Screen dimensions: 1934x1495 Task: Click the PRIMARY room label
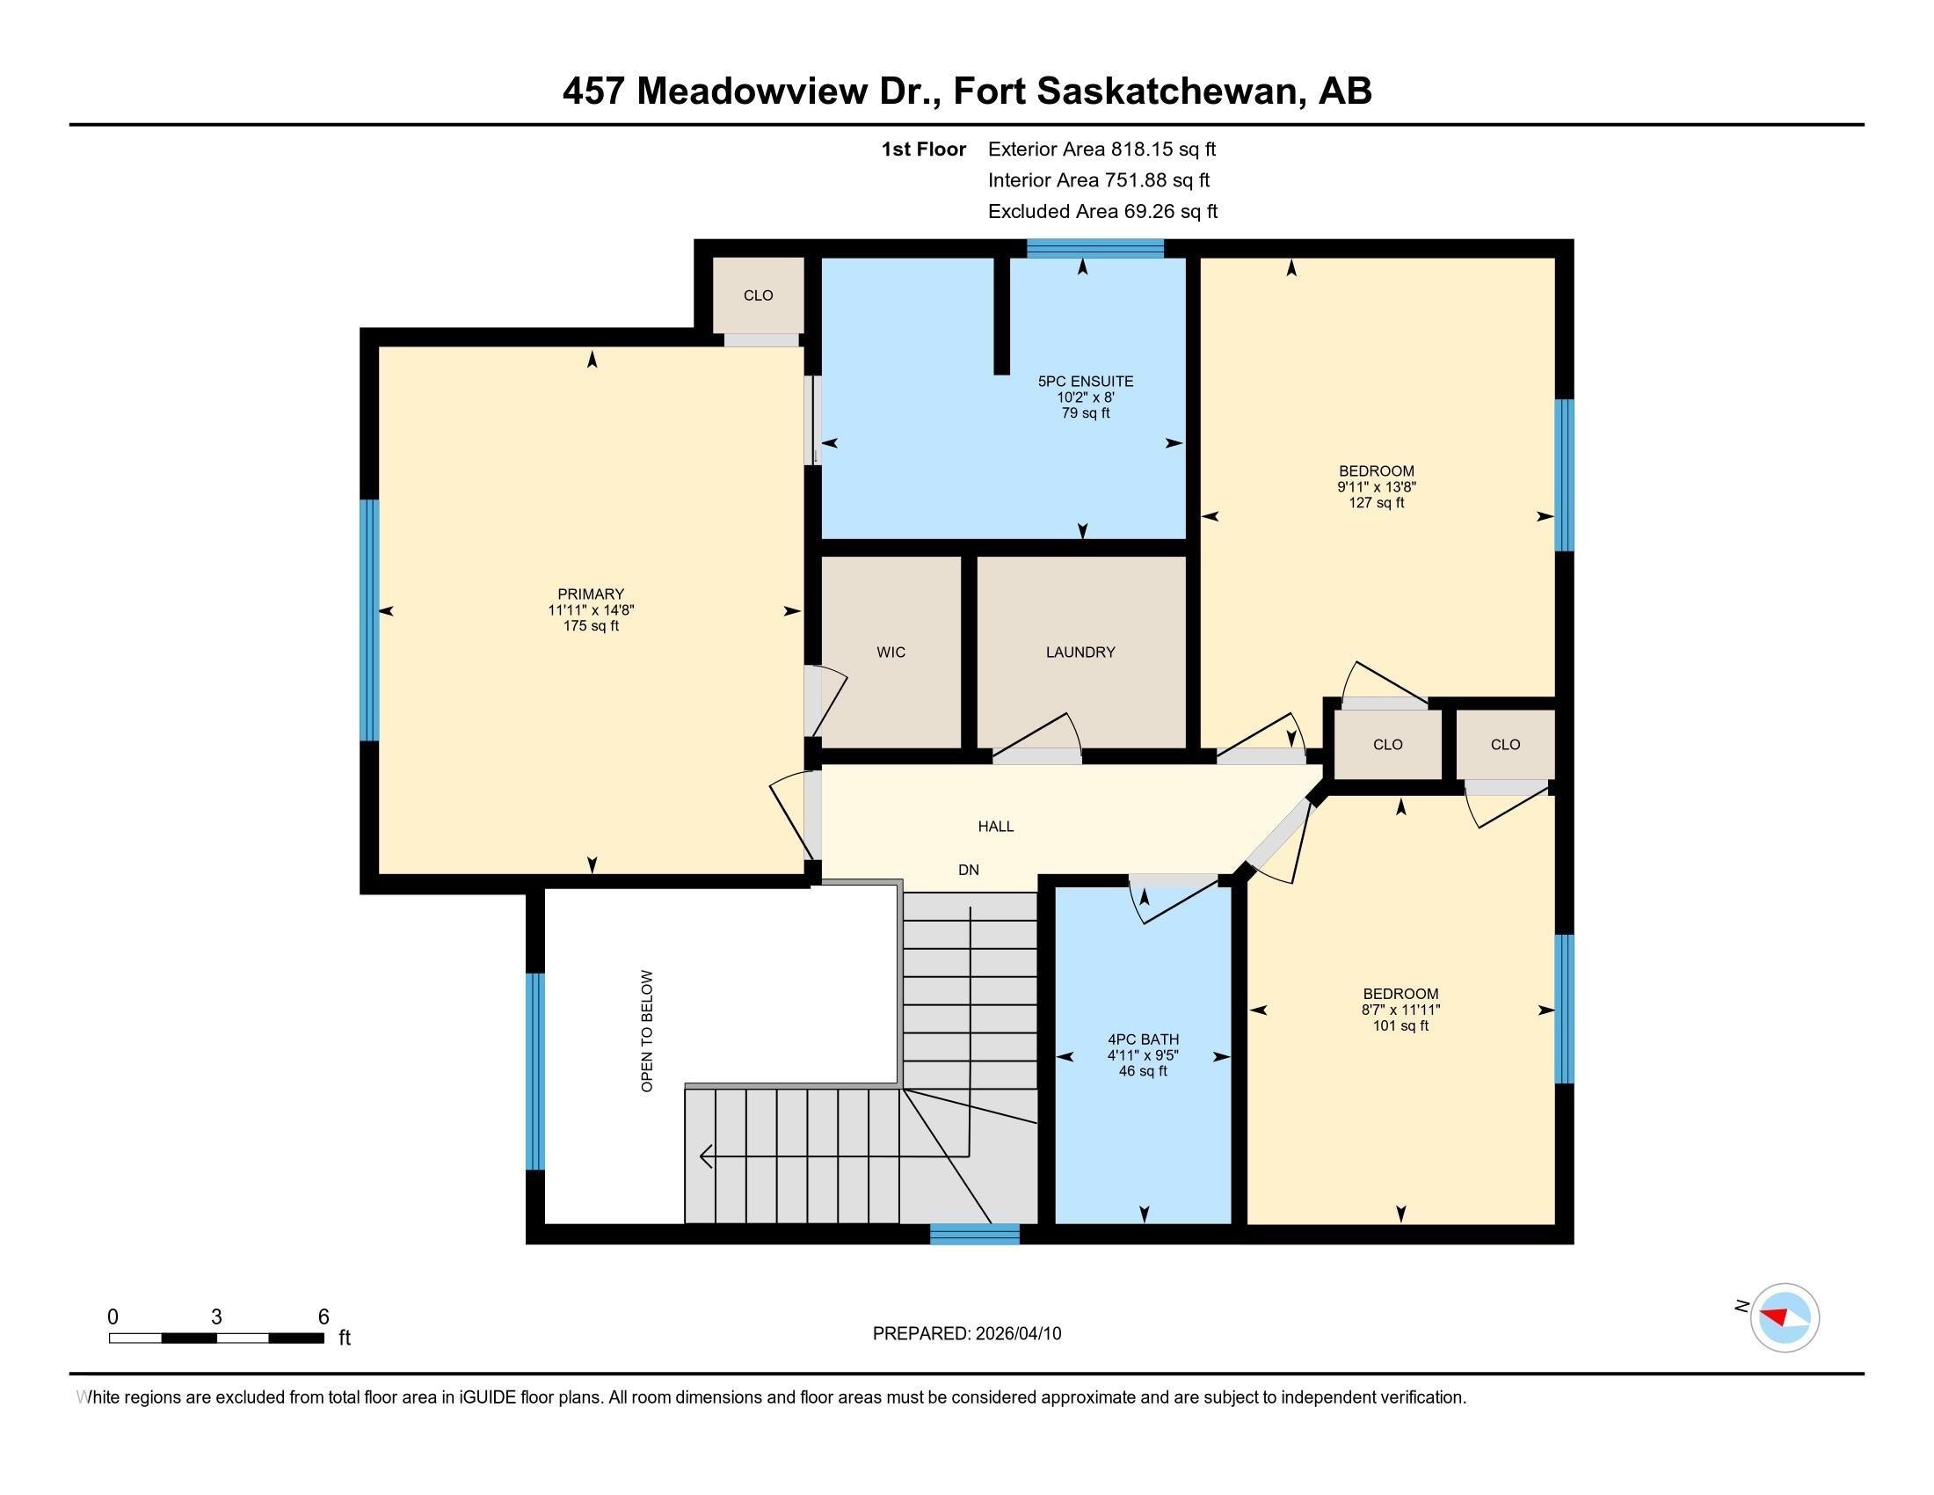[591, 594]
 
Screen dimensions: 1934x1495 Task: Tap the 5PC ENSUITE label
[1086, 382]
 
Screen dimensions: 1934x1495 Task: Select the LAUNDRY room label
[1080, 653]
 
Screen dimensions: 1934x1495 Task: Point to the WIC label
[891, 653]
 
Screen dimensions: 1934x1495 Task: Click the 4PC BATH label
[1143, 1039]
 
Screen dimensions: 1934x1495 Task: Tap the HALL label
[996, 827]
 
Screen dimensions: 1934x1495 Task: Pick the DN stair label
[969, 870]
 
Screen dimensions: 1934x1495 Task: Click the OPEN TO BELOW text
[647, 1031]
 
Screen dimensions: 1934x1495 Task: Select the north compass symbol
[1784, 1318]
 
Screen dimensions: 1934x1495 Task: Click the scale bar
[216, 1338]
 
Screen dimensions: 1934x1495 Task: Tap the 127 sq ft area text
[1376, 503]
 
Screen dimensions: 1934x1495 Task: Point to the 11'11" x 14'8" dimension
[591, 610]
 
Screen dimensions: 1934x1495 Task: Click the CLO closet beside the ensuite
[759, 295]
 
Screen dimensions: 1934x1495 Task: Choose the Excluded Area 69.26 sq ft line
[1102, 212]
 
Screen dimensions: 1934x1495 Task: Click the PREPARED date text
[967, 1334]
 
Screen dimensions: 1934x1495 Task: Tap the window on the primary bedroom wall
[369, 620]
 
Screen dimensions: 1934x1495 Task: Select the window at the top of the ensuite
[1095, 248]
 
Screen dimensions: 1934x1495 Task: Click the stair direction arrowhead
[706, 1156]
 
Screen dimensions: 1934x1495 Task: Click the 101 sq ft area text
[1401, 1026]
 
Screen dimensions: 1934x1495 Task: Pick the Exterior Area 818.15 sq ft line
[1102, 149]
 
